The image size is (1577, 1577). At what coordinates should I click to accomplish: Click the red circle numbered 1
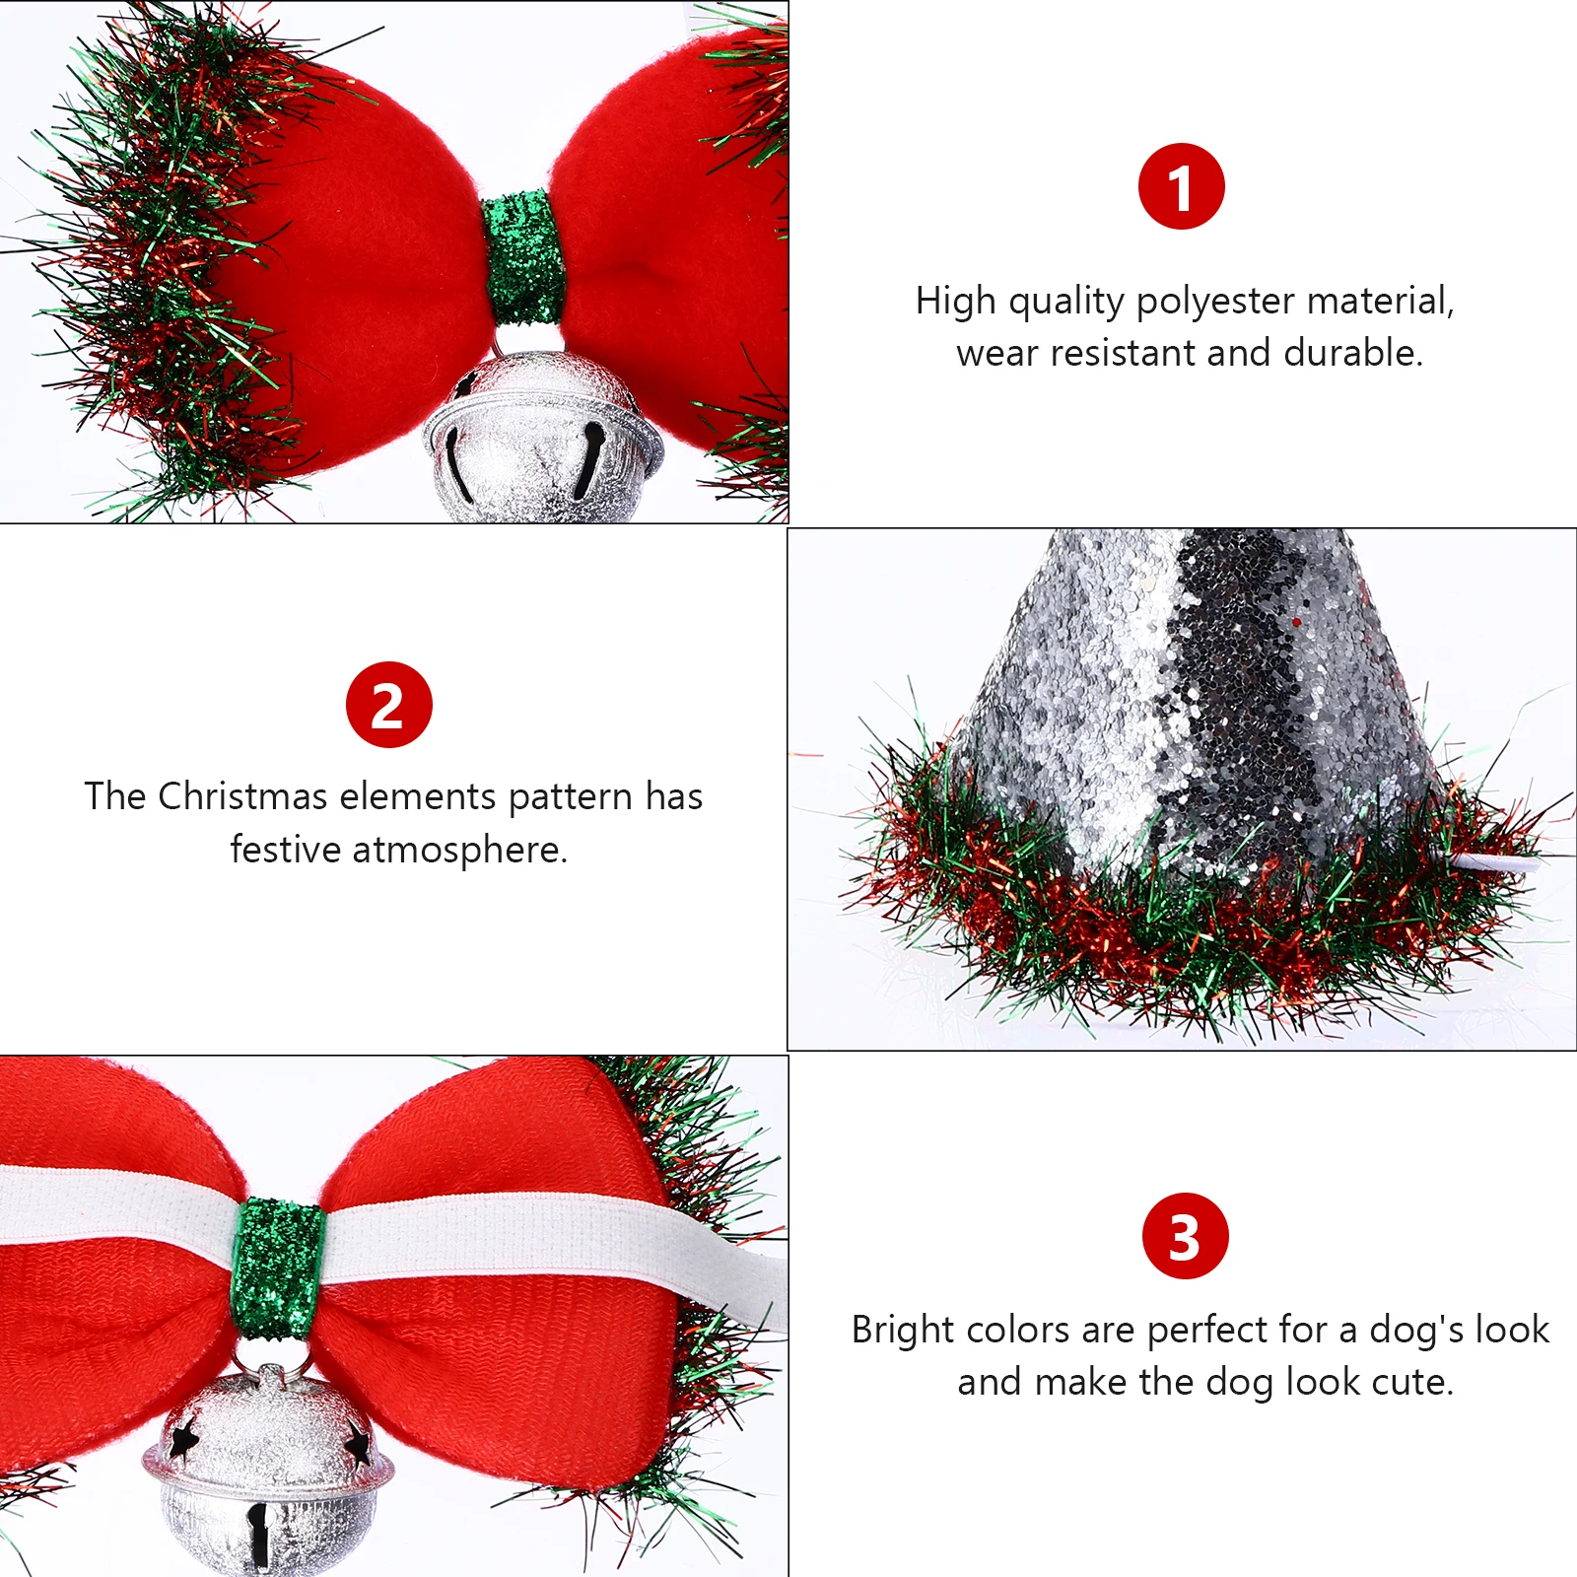(x=1181, y=186)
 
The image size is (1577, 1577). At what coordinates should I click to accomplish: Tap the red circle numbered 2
(x=389, y=705)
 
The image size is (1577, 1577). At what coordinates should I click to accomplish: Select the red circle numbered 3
(x=1185, y=1236)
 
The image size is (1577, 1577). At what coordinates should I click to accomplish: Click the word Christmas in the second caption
(x=242, y=796)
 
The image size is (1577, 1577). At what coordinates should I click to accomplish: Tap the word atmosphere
(x=459, y=850)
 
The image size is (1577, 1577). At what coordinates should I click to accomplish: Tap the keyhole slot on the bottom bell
(x=259, y=1534)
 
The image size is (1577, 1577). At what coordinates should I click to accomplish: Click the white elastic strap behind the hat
(x=1498, y=864)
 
